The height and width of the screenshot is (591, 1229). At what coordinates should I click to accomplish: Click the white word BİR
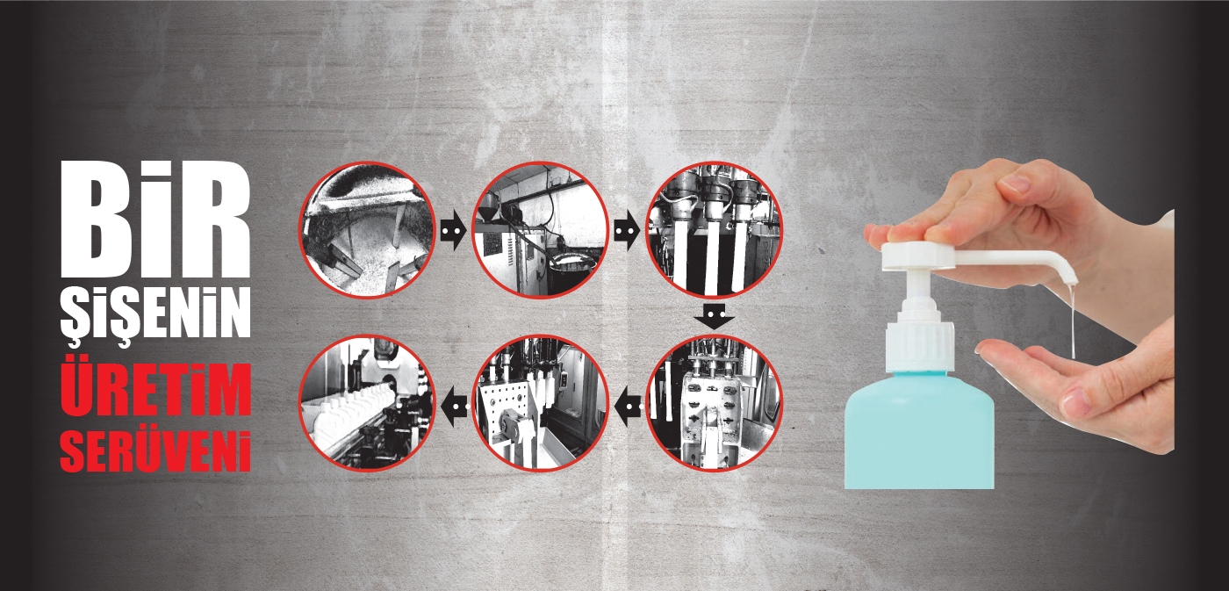click(155, 219)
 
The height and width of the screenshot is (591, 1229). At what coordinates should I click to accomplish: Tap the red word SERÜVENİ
click(155, 451)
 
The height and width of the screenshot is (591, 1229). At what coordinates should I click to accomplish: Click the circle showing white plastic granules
click(367, 230)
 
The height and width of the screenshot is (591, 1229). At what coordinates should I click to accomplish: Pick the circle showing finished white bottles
click(367, 403)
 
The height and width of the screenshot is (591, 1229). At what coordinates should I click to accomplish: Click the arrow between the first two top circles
click(453, 230)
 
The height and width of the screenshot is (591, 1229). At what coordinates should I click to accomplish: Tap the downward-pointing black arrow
click(714, 317)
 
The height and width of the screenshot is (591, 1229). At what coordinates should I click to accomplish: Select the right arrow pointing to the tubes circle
click(627, 230)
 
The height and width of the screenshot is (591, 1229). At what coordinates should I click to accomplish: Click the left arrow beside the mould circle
click(629, 407)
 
